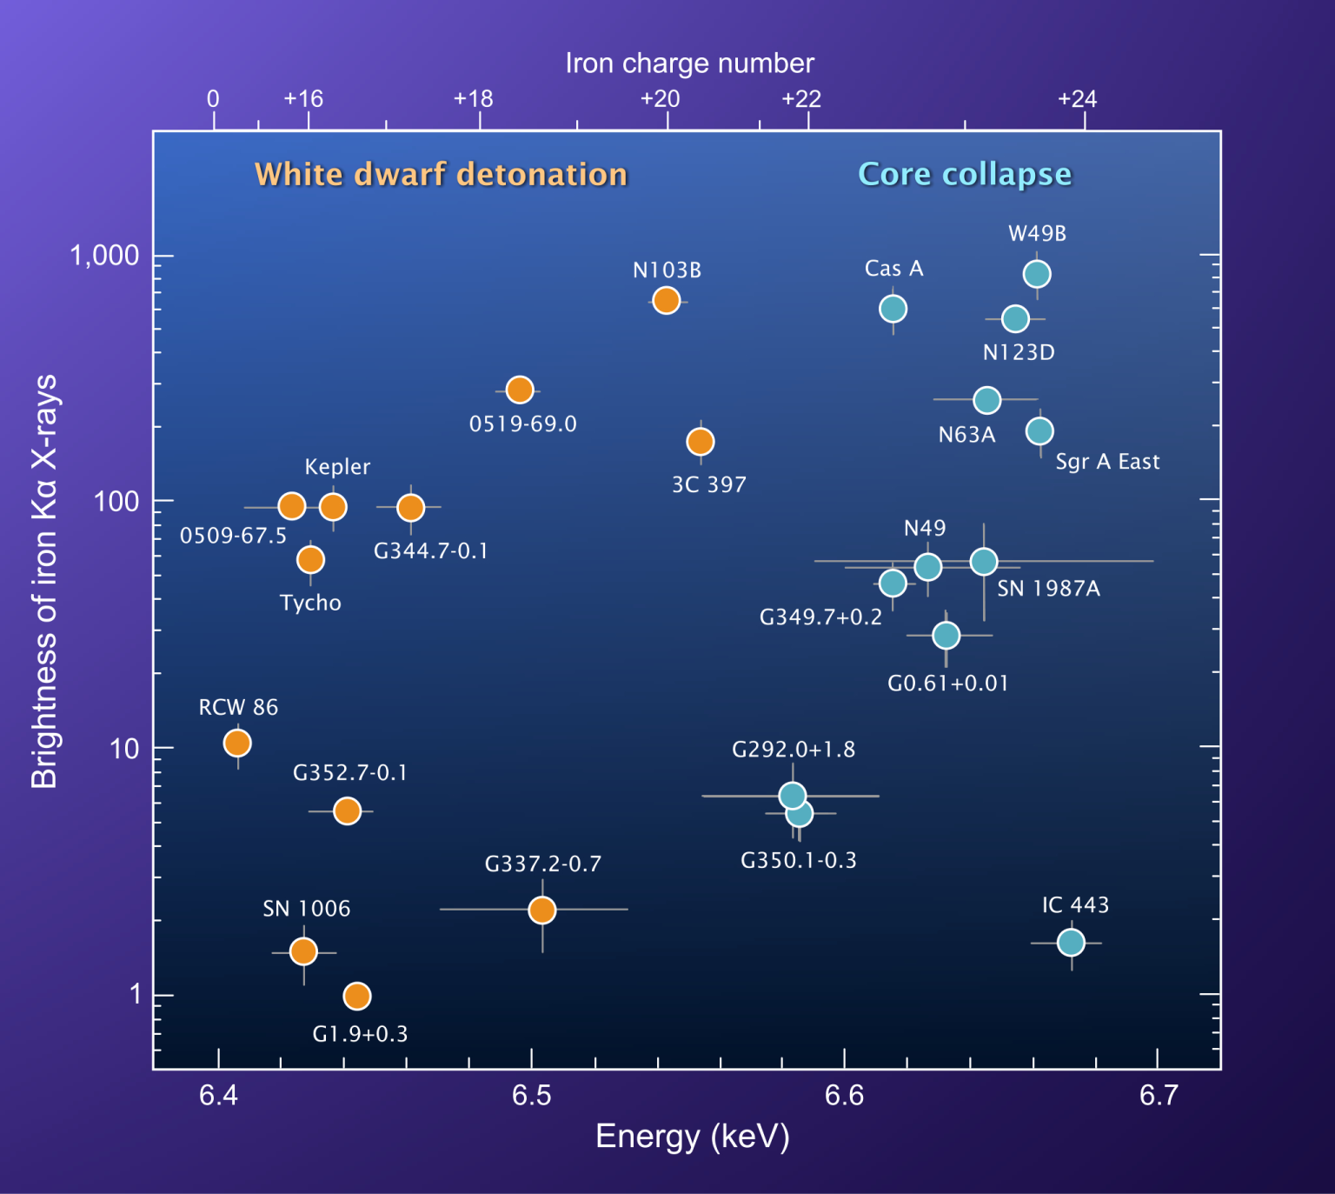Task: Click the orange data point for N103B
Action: click(666, 301)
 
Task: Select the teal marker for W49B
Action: click(1036, 274)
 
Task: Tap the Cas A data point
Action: click(893, 309)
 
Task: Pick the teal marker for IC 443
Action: click(1071, 943)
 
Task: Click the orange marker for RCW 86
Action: click(237, 744)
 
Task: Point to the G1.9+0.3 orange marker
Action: click(357, 996)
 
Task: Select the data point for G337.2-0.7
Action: click(542, 911)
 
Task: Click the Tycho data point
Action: click(310, 559)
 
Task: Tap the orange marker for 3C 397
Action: click(701, 442)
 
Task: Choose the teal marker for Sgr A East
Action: click(1039, 430)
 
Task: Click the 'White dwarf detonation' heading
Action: click(441, 175)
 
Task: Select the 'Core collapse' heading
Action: click(965, 175)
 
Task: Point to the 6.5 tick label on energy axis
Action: click(531, 1096)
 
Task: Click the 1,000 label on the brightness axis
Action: click(105, 256)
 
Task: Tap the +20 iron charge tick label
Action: click(660, 99)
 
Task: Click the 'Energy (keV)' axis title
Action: click(692, 1137)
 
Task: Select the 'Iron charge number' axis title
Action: click(689, 63)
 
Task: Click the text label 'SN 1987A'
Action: click(1048, 589)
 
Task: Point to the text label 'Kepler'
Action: click(337, 467)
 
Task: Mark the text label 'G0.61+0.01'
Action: click(947, 684)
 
